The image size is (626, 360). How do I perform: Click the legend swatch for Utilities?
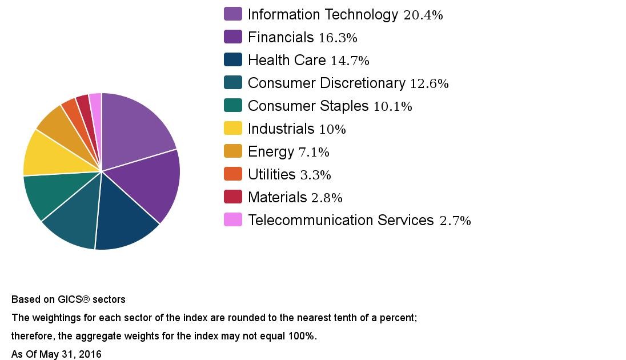(x=233, y=174)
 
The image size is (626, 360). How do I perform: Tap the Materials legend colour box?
(x=233, y=197)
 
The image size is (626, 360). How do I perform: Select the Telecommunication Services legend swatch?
(x=233, y=219)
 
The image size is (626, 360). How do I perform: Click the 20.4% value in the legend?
(x=423, y=15)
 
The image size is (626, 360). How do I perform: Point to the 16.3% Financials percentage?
(x=338, y=38)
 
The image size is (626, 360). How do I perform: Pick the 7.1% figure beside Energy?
(x=314, y=153)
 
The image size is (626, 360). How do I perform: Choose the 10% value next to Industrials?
(x=332, y=130)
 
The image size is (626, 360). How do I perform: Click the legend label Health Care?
(x=287, y=60)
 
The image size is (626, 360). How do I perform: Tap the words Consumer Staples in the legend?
(x=308, y=106)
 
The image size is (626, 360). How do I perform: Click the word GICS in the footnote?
(x=70, y=299)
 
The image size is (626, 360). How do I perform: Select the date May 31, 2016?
(x=70, y=354)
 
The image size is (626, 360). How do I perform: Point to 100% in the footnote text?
(x=303, y=336)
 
